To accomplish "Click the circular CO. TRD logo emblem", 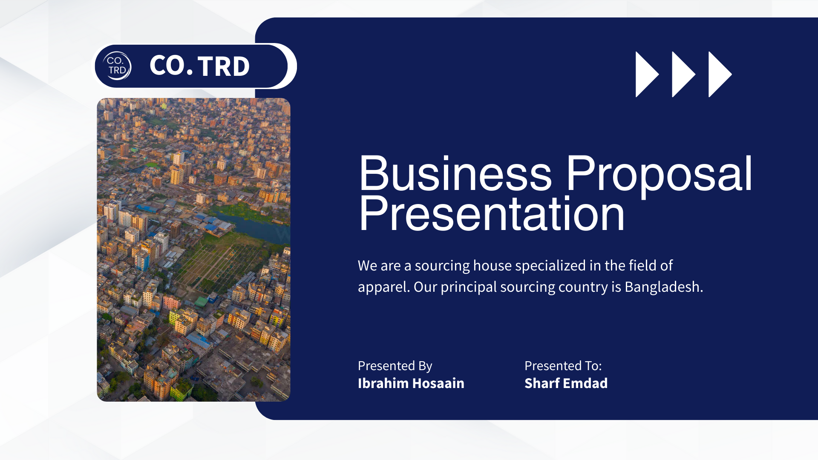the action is (117, 66).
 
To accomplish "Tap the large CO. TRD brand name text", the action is (199, 66).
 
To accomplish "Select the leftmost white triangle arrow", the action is (647, 75).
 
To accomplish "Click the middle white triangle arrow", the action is (684, 75).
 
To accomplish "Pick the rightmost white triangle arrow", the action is (720, 75).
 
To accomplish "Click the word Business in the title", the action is (455, 173).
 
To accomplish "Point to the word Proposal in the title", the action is (659, 176).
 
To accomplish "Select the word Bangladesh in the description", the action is (664, 287).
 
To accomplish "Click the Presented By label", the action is (395, 366).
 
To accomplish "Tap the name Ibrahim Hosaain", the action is (411, 383).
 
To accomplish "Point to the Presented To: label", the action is (563, 366).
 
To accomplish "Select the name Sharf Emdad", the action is (566, 383).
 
